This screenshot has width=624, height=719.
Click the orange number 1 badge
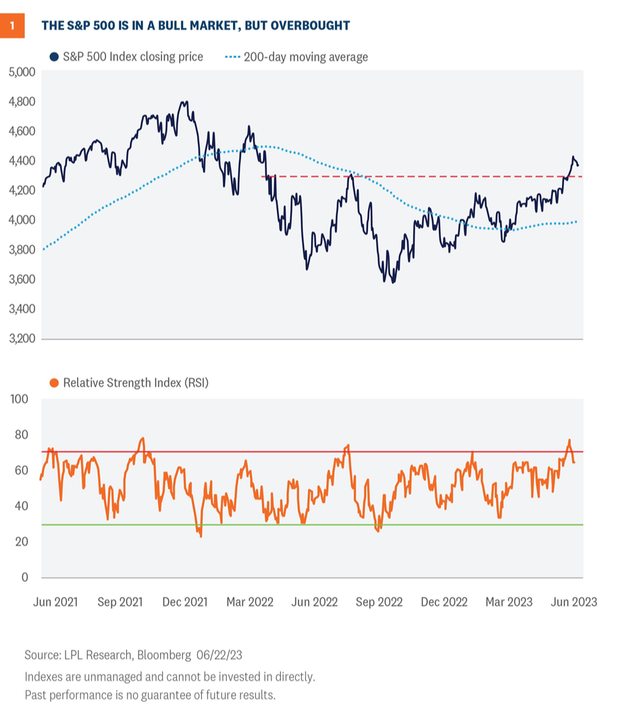(13, 26)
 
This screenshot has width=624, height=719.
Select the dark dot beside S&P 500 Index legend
(54, 57)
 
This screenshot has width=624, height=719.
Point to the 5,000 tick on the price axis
(22, 72)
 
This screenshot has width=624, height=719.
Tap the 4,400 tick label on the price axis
(22, 161)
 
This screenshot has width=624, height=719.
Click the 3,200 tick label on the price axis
(22, 339)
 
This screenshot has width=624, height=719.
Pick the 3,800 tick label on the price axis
(22, 250)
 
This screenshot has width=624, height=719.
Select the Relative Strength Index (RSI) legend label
(136, 383)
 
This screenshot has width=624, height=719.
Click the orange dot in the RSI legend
(54, 383)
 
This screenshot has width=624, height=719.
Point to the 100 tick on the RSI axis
(20, 399)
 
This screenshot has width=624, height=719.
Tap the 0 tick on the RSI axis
(25, 577)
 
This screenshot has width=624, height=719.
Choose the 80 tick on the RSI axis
(22, 435)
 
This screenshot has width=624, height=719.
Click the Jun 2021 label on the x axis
(55, 602)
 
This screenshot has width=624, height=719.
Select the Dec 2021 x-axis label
(186, 602)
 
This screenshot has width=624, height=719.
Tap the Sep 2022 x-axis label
(380, 602)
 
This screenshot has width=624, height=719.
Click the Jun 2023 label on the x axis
(575, 602)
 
